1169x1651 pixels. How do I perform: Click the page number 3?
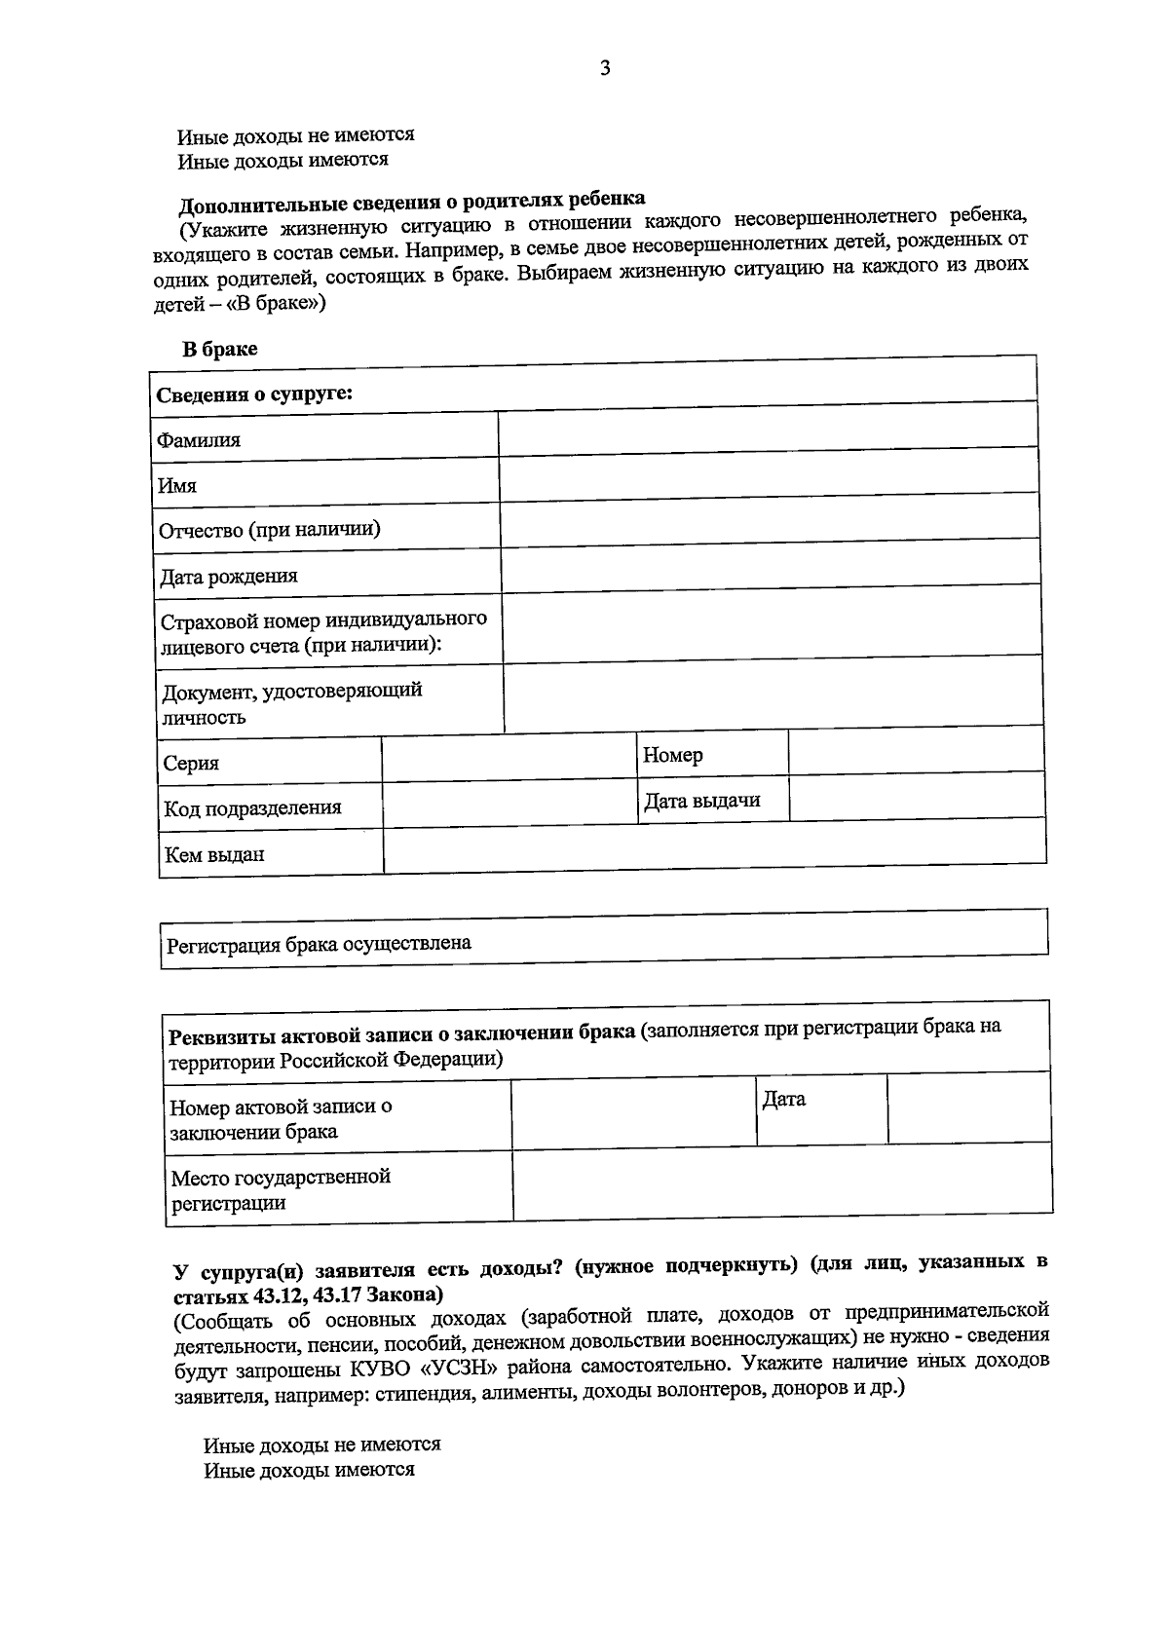604,68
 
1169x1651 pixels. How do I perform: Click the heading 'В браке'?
220,349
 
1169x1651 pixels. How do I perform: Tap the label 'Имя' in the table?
178,485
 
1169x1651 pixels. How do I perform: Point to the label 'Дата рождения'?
229,576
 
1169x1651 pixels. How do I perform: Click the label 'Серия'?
191,763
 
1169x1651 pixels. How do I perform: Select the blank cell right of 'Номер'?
916,753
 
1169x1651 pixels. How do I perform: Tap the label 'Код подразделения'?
252,807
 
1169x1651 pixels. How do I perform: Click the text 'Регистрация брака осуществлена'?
320,944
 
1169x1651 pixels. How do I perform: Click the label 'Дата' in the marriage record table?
784,1100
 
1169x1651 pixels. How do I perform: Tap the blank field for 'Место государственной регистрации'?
782,1182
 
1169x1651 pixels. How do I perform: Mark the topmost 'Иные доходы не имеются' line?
296,135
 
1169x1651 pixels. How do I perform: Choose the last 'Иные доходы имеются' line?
309,1470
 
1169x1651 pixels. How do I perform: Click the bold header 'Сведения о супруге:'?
254,394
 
